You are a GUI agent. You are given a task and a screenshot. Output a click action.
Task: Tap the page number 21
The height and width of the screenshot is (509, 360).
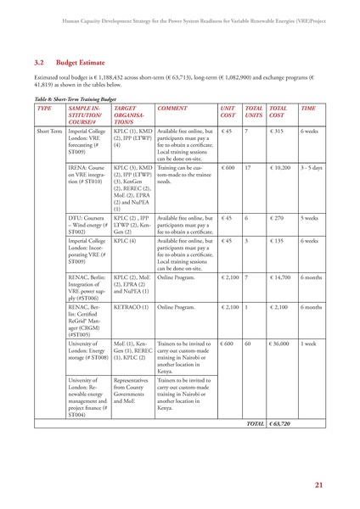pyautogui.click(x=318, y=484)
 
